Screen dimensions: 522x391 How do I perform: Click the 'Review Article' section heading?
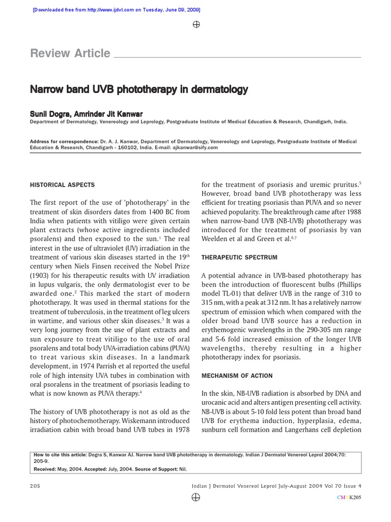(x=70, y=54)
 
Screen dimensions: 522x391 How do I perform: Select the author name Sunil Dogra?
(x=50, y=113)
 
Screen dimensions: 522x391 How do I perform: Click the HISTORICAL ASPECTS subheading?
(x=62, y=185)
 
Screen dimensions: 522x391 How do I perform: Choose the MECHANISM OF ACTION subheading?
(x=237, y=376)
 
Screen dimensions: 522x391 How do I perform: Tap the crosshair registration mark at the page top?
(x=196, y=24)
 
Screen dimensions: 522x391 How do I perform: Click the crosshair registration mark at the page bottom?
(x=196, y=497)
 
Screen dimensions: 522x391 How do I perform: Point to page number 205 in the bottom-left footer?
(x=35, y=486)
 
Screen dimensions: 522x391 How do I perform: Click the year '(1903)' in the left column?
(x=41, y=275)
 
